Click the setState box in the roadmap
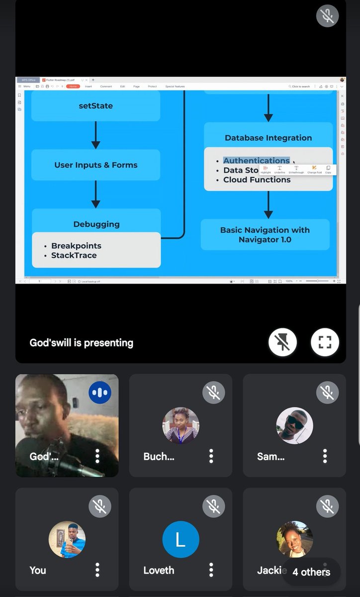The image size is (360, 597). (x=95, y=106)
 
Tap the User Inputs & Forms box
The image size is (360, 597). (x=95, y=165)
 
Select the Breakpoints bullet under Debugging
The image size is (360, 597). (x=76, y=246)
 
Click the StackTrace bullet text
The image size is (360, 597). (x=74, y=255)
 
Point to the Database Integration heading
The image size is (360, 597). (x=268, y=138)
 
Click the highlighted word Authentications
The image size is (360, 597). (x=256, y=161)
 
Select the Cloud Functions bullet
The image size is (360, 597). (x=257, y=180)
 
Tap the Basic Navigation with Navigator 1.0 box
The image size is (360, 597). (x=265, y=235)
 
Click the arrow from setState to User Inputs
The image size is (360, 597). (x=96, y=135)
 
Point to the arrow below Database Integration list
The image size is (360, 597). (x=269, y=204)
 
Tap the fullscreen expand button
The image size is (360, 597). (x=325, y=342)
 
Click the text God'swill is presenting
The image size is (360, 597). (x=82, y=343)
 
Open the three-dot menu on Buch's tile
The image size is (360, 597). (x=211, y=456)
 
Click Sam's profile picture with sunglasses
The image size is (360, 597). (x=294, y=425)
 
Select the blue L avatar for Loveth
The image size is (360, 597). (x=180, y=539)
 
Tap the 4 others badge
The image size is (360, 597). (x=311, y=572)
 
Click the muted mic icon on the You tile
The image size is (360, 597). (x=100, y=506)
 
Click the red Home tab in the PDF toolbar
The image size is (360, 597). (x=73, y=87)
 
